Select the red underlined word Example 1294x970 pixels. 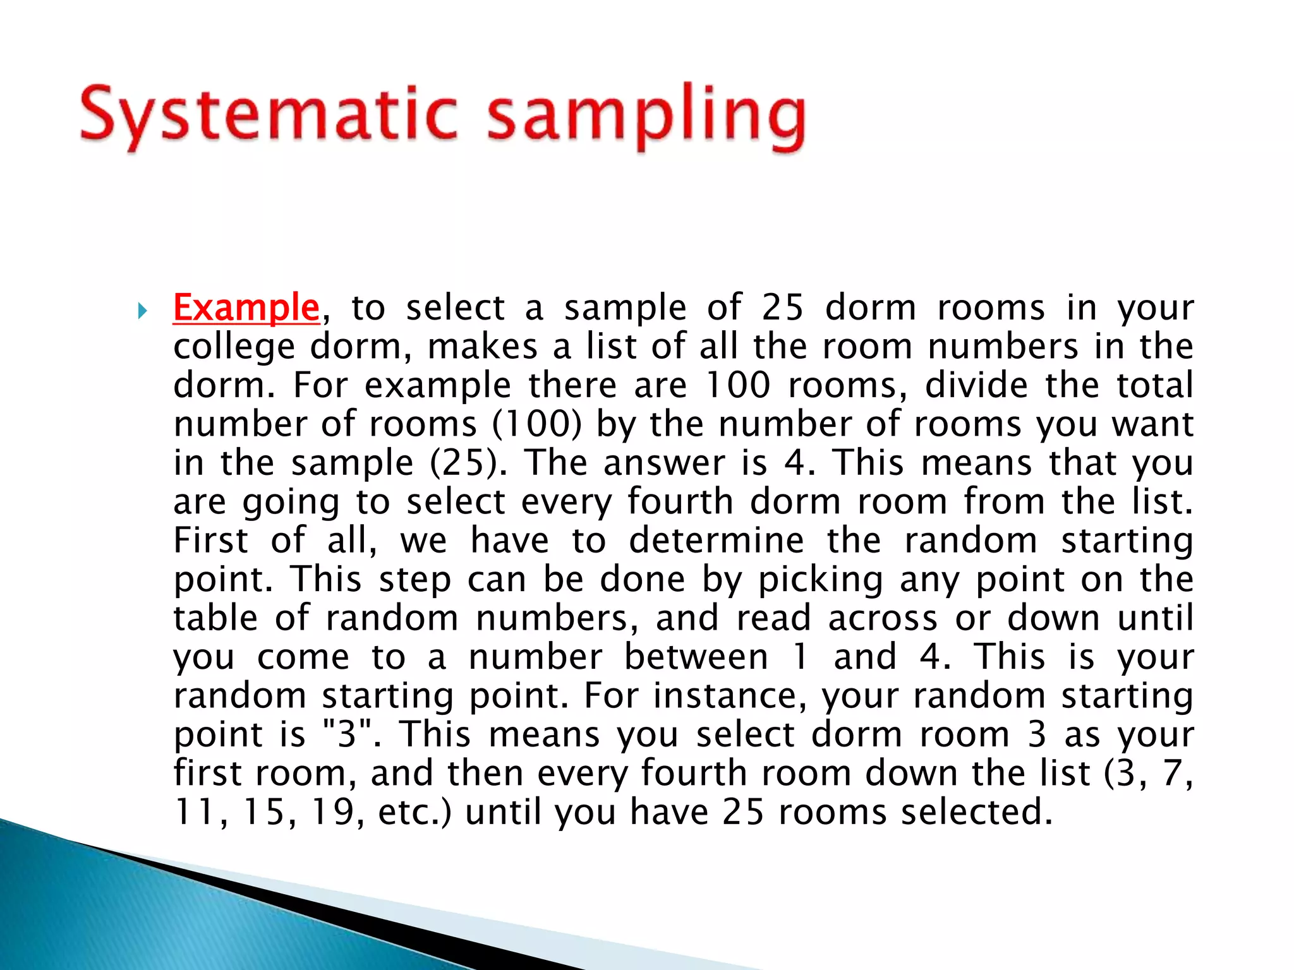[x=246, y=308]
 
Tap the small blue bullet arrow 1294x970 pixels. [x=142, y=310]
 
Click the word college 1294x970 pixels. [x=234, y=347]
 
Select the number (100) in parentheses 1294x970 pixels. [x=536, y=424]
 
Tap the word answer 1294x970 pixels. [x=664, y=464]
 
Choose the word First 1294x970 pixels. [x=211, y=541]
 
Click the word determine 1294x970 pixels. [x=717, y=541]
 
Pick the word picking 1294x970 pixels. [x=821, y=580]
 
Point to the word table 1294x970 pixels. [x=215, y=618]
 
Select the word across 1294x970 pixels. [x=883, y=618]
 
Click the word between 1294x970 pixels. [x=696, y=657]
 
